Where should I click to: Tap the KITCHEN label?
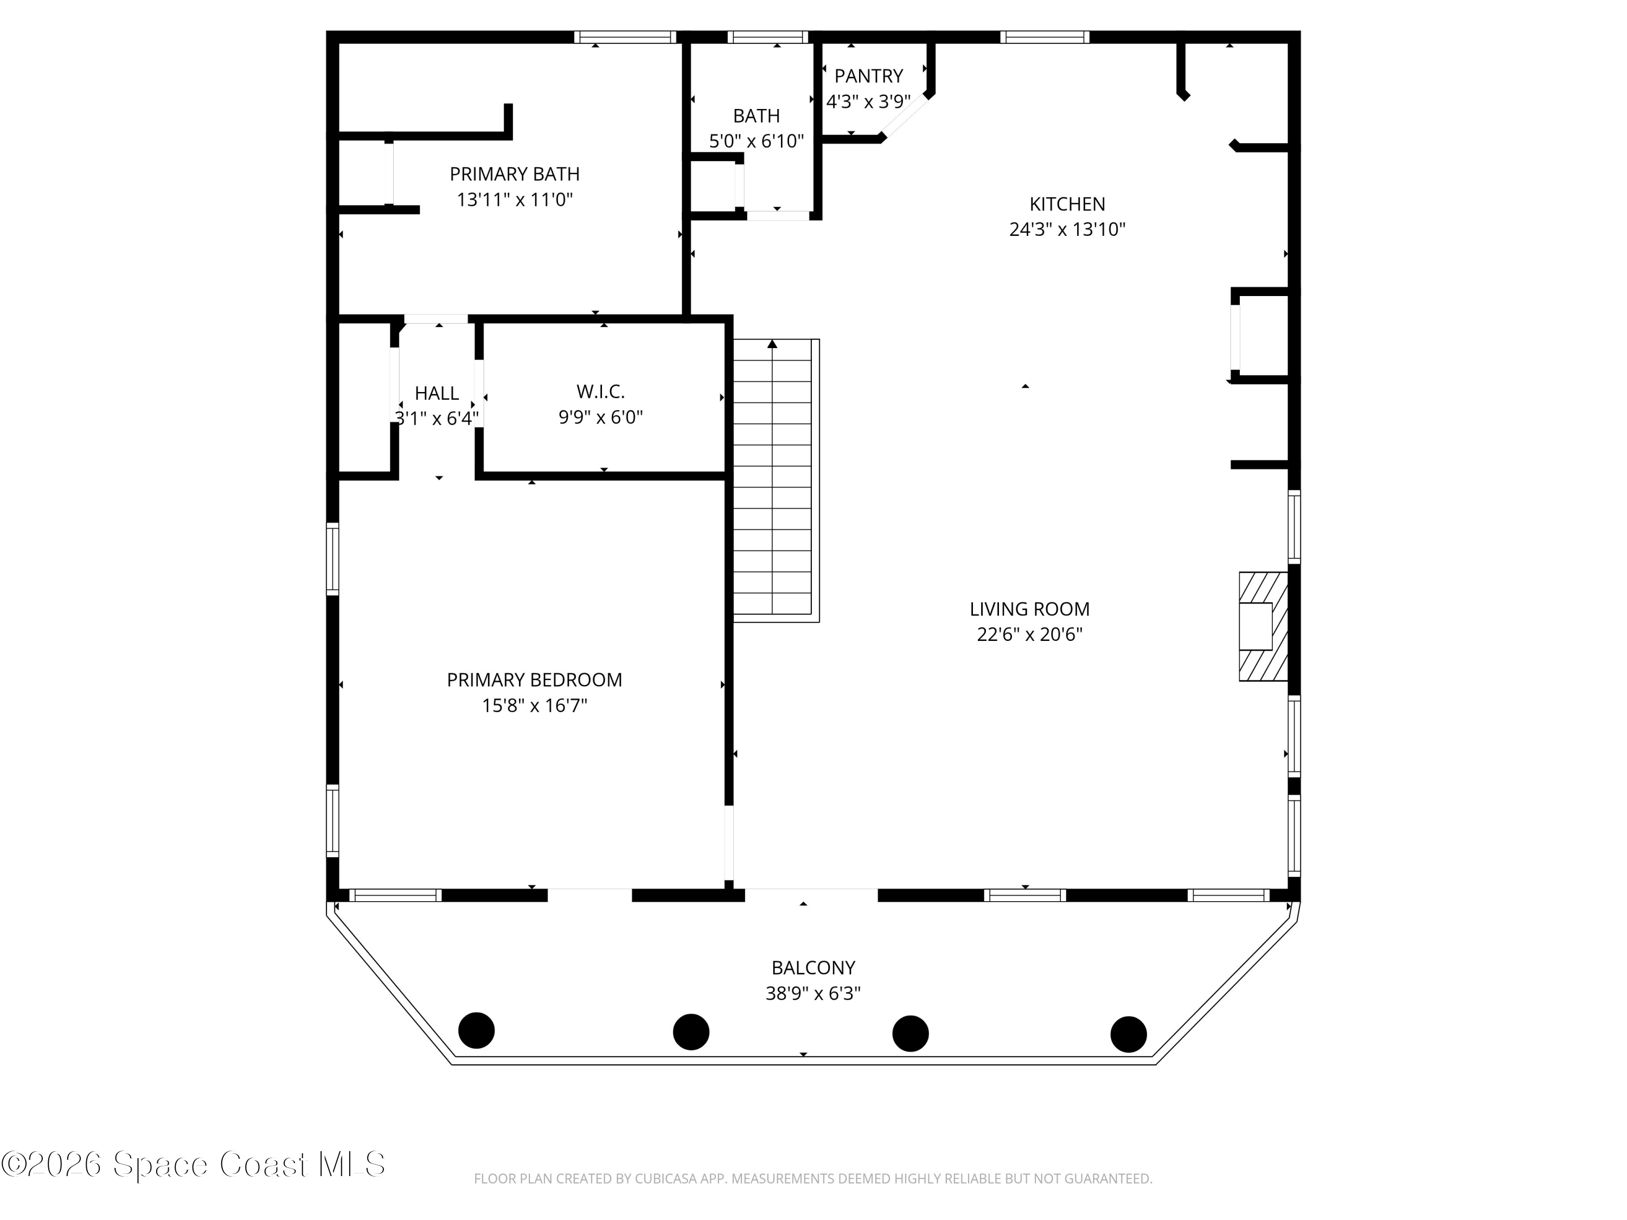pos(1067,204)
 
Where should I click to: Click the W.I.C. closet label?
pos(600,391)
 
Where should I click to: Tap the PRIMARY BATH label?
pos(514,174)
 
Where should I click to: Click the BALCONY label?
pos(813,968)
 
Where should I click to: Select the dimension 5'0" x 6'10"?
pos(756,141)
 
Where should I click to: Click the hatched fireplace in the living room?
pos(1263,627)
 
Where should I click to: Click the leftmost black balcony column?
pos(477,1030)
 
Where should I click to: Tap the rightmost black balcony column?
pos(1128,1034)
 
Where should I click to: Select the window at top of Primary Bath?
pos(625,37)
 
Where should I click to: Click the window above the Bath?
pos(768,37)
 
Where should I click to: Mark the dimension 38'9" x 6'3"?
pos(813,993)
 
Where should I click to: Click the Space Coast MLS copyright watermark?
pos(193,1164)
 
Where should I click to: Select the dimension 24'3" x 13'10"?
pos(1067,229)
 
